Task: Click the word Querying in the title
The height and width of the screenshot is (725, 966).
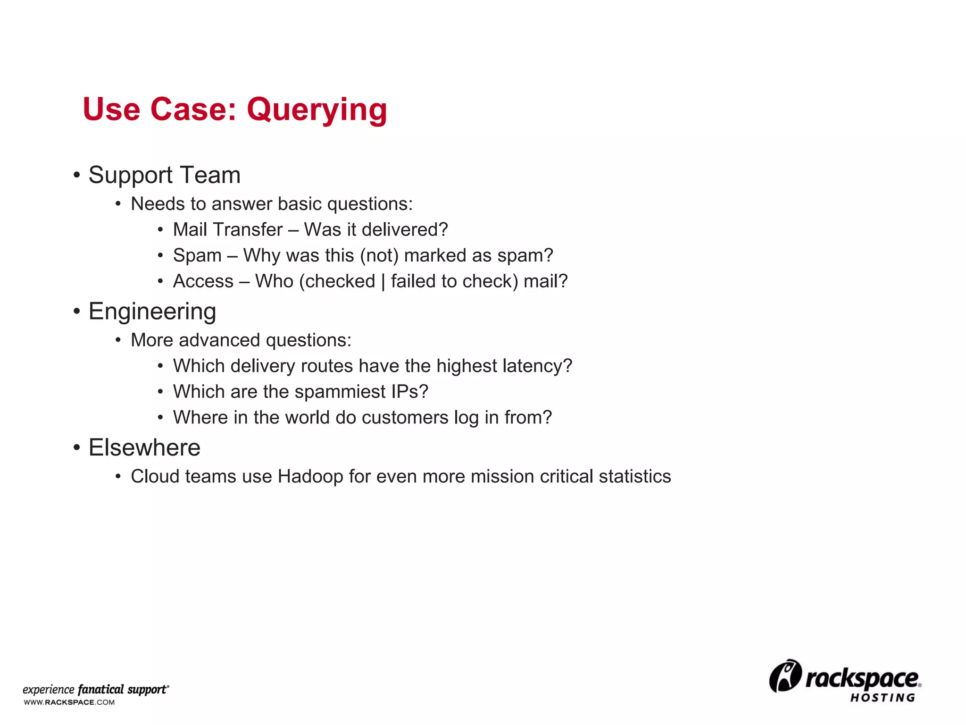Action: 316,110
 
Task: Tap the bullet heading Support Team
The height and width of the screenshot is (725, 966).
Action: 164,175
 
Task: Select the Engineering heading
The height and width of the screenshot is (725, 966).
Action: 152,312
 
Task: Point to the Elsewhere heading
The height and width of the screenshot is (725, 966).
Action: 144,447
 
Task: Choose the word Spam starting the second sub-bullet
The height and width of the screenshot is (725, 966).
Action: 197,256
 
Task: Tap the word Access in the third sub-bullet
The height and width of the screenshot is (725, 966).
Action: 203,281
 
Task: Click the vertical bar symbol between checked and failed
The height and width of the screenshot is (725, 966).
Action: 383,282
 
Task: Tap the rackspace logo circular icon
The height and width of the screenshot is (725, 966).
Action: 785,676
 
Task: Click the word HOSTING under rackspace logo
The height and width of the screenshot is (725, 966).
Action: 883,698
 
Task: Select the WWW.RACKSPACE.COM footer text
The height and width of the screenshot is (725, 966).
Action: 69,702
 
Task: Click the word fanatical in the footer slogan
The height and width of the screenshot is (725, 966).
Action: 100,690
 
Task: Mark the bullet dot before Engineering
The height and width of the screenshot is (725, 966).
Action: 77,312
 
